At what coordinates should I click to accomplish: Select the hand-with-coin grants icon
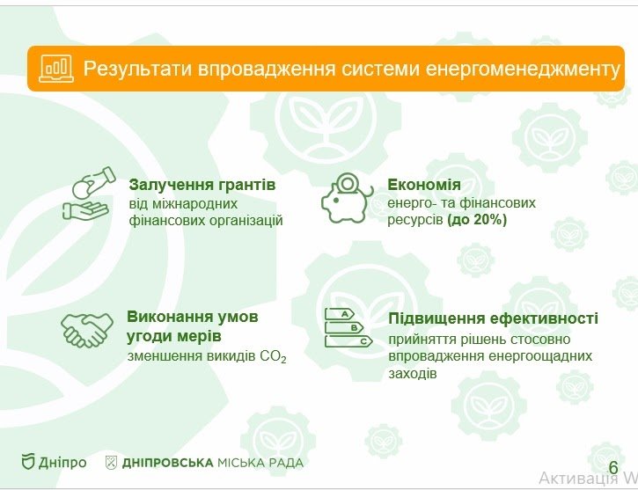[89, 194]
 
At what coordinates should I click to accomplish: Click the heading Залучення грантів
[202, 185]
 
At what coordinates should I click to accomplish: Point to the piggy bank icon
[346, 197]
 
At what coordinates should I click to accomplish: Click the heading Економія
[424, 185]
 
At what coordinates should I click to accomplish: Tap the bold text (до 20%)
[476, 220]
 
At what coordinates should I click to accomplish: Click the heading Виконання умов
[193, 317]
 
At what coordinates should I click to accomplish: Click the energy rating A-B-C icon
[346, 329]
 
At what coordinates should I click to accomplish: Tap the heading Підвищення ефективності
[493, 318]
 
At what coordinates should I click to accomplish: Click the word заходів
[411, 374]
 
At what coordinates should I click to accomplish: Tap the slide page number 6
[613, 467]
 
